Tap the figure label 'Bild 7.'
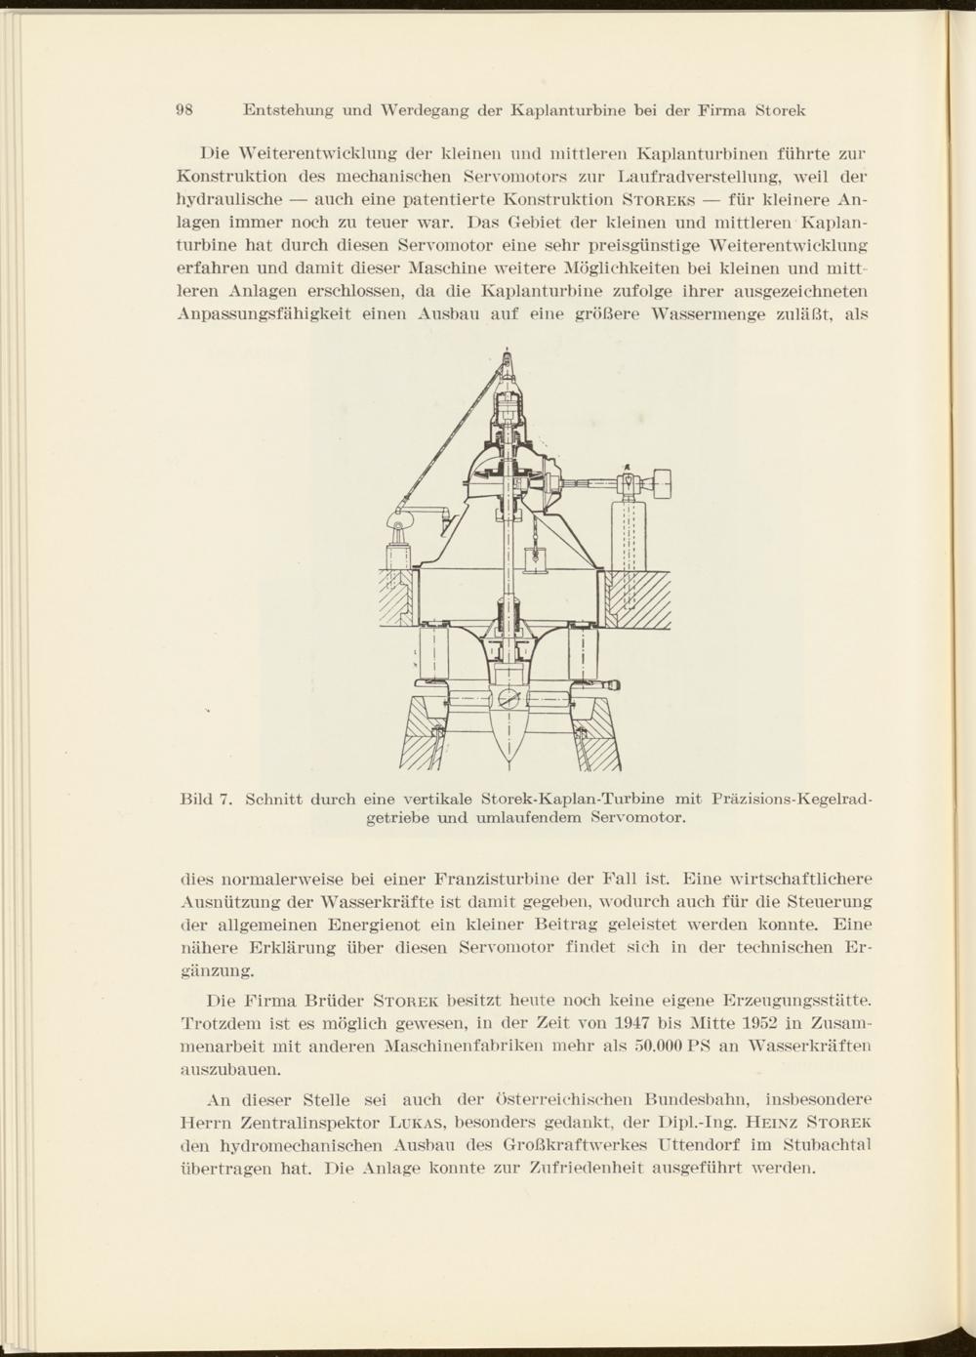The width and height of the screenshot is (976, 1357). [x=205, y=800]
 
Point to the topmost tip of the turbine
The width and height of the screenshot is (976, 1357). [x=507, y=350]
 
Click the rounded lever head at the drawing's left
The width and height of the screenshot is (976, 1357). [x=399, y=523]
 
